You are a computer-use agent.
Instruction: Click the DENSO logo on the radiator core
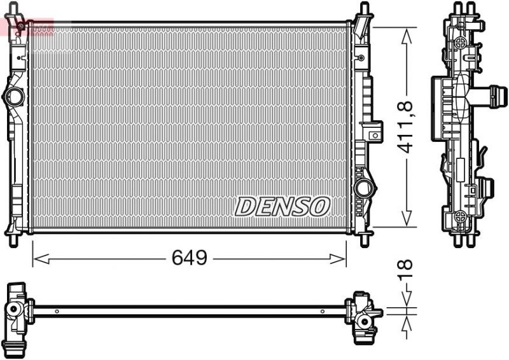tap(282, 205)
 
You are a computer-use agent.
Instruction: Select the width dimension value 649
tap(190, 258)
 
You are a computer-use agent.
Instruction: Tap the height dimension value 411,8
tap(406, 127)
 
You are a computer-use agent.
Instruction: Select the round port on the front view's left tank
tap(13, 97)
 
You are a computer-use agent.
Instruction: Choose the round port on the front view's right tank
tap(364, 189)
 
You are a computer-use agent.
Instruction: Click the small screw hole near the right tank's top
tap(361, 59)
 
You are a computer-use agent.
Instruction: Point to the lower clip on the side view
tap(486, 188)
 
